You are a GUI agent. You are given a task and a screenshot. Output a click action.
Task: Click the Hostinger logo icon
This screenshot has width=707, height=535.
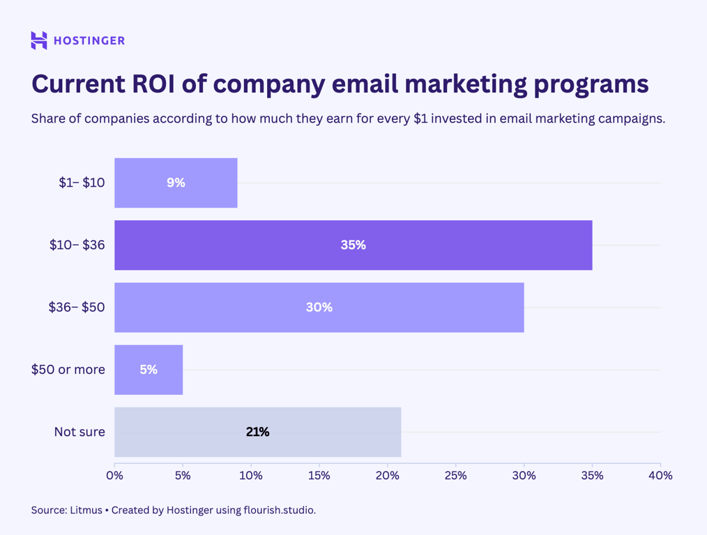pos(39,40)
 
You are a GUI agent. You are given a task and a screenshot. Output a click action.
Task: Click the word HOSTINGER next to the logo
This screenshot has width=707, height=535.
pos(89,40)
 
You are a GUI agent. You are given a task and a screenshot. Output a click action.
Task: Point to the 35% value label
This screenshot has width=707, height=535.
pos(353,245)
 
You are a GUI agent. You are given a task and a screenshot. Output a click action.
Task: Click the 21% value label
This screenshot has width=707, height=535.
pos(257,432)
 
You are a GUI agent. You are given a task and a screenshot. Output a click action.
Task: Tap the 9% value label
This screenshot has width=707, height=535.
pos(176,183)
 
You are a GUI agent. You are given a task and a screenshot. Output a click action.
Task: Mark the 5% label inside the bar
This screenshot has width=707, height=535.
pos(149,370)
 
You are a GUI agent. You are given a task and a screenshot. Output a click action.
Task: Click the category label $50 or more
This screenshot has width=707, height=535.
pos(68,370)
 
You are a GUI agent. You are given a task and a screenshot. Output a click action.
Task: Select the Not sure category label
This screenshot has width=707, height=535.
pos(79,432)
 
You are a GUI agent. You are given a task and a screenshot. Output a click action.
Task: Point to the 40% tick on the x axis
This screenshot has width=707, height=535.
pos(660,476)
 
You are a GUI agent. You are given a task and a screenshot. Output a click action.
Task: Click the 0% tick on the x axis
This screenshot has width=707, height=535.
pos(114,476)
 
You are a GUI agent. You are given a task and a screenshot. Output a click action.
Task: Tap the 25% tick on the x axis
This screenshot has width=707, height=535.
pos(455,476)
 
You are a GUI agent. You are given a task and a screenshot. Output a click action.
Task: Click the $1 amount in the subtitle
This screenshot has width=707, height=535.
pos(420,118)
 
